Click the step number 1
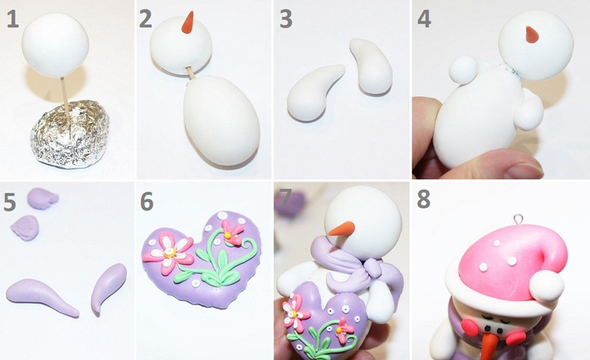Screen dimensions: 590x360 tap(13, 19)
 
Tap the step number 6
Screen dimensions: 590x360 tap(147, 201)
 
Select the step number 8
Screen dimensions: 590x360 tap(423, 199)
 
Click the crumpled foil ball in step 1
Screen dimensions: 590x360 tap(69, 134)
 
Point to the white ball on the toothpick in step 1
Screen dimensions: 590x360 tap(55, 45)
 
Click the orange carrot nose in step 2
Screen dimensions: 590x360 tap(187, 23)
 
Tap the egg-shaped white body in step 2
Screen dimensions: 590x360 tap(221, 120)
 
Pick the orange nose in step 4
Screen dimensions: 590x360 tap(532, 34)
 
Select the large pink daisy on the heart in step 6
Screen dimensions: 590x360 tap(169, 252)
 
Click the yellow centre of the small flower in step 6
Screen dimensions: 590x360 tap(227, 235)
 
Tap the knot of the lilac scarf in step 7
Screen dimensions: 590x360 tap(372, 268)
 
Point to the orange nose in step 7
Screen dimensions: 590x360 tap(341, 229)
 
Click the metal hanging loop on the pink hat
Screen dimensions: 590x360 tap(518, 219)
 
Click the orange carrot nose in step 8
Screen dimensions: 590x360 tap(489, 346)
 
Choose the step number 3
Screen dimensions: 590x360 tap(286, 19)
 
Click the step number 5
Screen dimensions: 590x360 tap(10, 201)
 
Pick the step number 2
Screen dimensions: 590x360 tap(145, 19)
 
